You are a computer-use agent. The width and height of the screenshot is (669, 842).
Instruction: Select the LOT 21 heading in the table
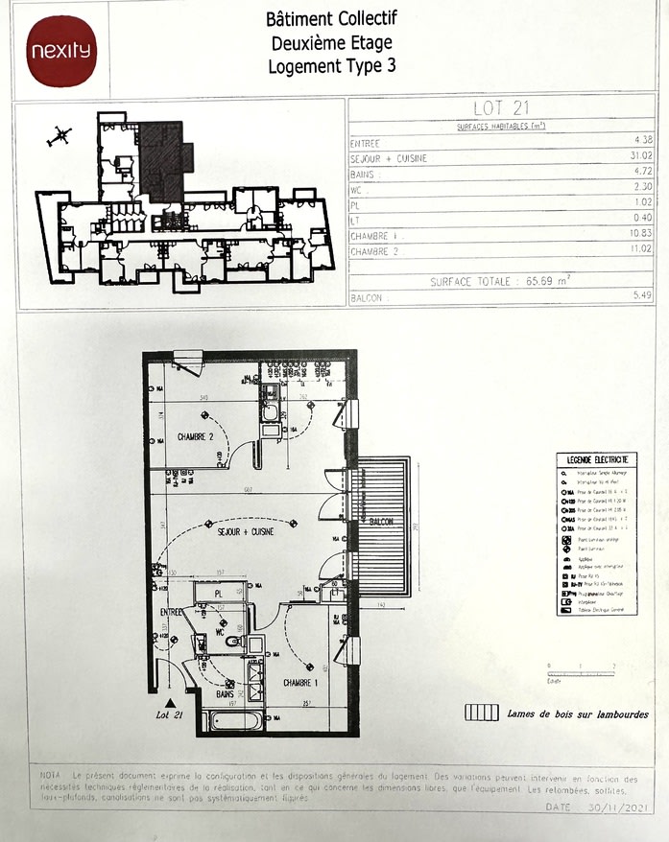point(502,108)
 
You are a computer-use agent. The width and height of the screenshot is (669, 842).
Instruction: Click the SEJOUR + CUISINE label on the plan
point(247,530)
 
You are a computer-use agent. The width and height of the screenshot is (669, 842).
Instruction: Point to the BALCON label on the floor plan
point(382,524)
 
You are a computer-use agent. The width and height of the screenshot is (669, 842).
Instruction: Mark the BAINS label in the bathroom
point(226,692)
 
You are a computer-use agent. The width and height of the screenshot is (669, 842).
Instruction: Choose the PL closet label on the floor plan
point(219,594)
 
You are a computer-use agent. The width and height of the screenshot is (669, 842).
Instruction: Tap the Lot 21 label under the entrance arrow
point(169,714)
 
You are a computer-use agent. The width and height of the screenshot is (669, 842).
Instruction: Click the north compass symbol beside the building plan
point(60,136)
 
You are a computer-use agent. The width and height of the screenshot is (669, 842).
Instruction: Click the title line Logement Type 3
point(331,66)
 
